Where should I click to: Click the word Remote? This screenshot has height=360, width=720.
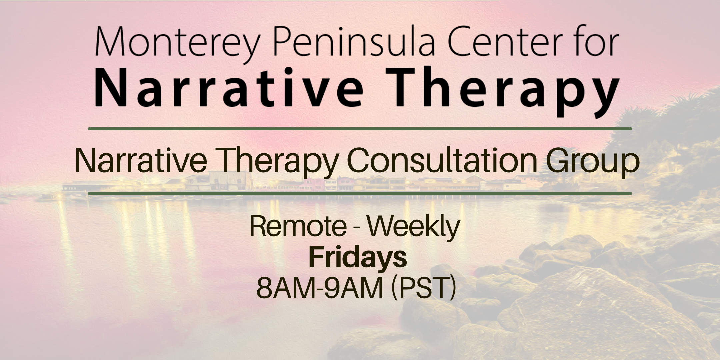[298, 227]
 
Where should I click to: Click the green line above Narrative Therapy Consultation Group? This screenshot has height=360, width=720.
[360, 129]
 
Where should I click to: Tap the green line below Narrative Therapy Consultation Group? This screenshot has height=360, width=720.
[360, 193]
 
